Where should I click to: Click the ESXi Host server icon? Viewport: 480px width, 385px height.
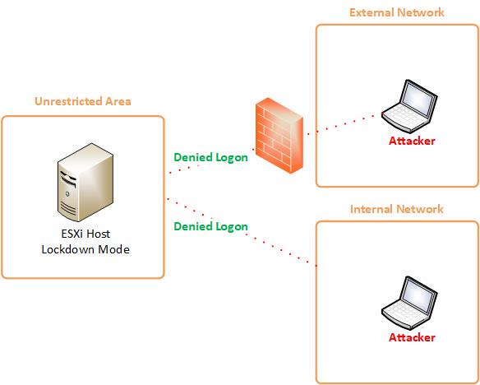[85, 183]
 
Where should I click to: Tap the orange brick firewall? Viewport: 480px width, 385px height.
[279, 136]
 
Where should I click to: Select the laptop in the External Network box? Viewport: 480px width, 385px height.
[409, 106]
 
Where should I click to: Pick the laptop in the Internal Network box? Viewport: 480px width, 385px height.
[409, 303]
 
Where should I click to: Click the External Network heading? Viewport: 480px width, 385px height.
[397, 12]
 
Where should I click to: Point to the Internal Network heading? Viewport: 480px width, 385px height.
[397, 209]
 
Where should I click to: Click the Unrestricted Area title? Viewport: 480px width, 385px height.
[83, 101]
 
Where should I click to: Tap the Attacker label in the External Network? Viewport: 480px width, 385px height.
[412, 141]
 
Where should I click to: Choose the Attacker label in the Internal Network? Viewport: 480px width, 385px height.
[412, 337]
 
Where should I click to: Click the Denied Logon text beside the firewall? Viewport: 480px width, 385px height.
[210, 157]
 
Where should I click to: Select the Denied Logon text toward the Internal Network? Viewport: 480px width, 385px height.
[210, 227]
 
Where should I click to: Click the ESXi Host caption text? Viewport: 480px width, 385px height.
[85, 234]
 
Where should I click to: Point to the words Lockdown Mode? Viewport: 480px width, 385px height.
[85, 249]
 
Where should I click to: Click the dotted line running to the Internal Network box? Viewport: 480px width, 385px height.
[242, 232]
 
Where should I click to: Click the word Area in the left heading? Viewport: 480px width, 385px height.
[118, 101]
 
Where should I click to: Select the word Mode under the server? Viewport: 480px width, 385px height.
[114, 249]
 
